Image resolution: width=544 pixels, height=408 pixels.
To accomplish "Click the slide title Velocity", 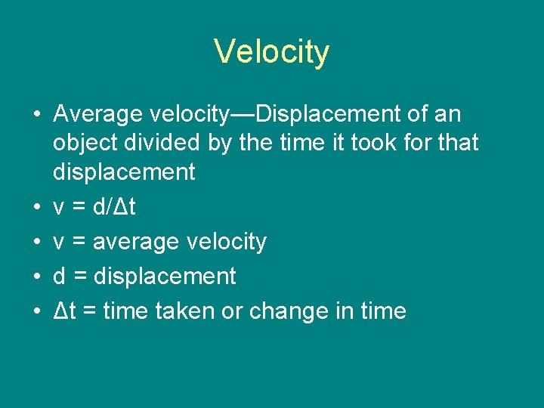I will click(x=272, y=52).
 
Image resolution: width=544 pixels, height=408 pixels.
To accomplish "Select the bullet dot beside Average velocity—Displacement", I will click(x=34, y=116).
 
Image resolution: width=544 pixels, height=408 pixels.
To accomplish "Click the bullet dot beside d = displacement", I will click(x=34, y=277).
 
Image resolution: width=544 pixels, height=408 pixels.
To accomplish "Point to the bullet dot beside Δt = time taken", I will click(x=34, y=311).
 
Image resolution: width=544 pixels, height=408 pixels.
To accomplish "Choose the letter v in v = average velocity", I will click(x=59, y=243).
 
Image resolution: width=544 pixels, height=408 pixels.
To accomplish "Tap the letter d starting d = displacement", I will click(x=60, y=277).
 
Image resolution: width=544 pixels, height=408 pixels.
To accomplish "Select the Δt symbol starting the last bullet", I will click(x=63, y=311).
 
